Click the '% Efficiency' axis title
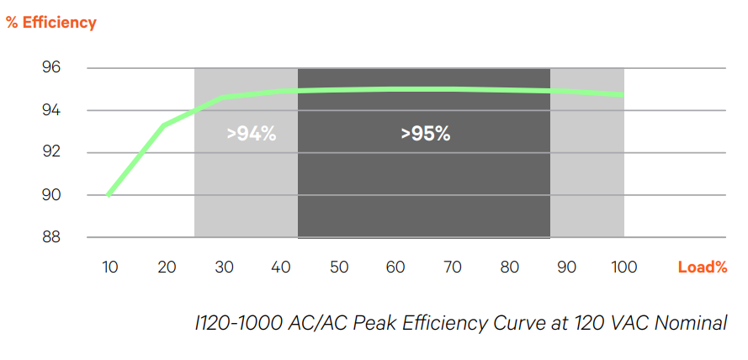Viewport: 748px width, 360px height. (51, 23)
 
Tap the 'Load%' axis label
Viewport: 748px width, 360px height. (703, 267)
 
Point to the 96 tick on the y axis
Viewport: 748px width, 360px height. (51, 68)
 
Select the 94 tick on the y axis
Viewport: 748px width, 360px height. (51, 110)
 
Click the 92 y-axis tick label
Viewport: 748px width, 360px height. (51, 152)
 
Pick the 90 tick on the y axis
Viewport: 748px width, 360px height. (51, 195)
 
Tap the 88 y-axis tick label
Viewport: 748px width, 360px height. (51, 237)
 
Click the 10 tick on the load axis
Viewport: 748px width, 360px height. (109, 267)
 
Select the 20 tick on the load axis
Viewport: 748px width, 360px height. (167, 267)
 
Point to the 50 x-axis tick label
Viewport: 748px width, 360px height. (338, 267)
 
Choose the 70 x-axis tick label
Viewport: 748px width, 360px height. (453, 267)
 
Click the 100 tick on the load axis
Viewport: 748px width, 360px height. (623, 267)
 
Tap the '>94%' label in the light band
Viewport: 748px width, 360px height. (252, 133)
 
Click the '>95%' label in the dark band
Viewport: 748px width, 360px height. (425, 133)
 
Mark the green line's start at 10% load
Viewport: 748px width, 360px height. (109, 194)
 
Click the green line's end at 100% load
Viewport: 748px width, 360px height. (623, 95)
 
